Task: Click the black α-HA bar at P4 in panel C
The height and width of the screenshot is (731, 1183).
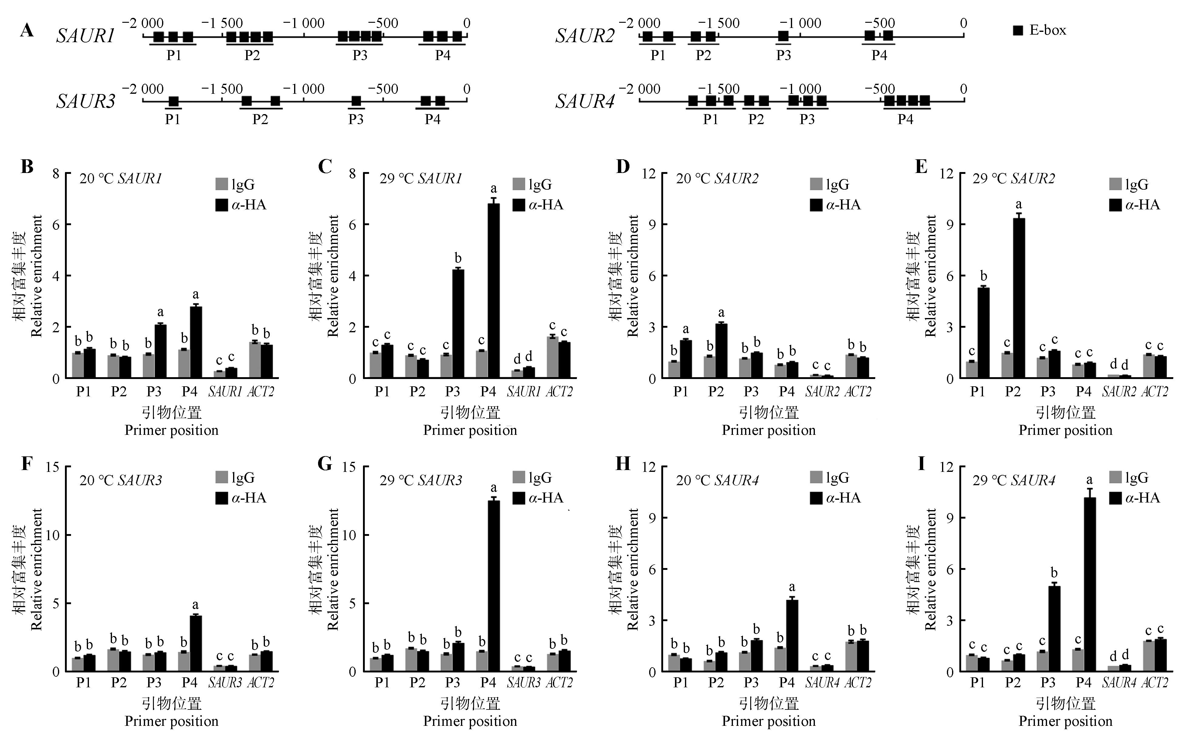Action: [493, 290]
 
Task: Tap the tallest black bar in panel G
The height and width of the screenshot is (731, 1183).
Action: [493, 585]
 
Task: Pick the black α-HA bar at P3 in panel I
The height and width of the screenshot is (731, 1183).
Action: [1054, 628]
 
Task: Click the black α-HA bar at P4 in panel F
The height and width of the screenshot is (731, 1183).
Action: [195, 643]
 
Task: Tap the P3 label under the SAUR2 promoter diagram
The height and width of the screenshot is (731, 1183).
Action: [783, 56]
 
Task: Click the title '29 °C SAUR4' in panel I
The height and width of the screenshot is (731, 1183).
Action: [1013, 480]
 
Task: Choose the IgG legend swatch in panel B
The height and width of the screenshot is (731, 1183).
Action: [221, 184]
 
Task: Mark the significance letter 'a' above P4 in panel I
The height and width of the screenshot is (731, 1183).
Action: [1089, 480]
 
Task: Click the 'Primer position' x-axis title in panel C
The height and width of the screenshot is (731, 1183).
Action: [470, 430]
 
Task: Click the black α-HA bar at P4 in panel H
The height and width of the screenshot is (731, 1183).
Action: [792, 635]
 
